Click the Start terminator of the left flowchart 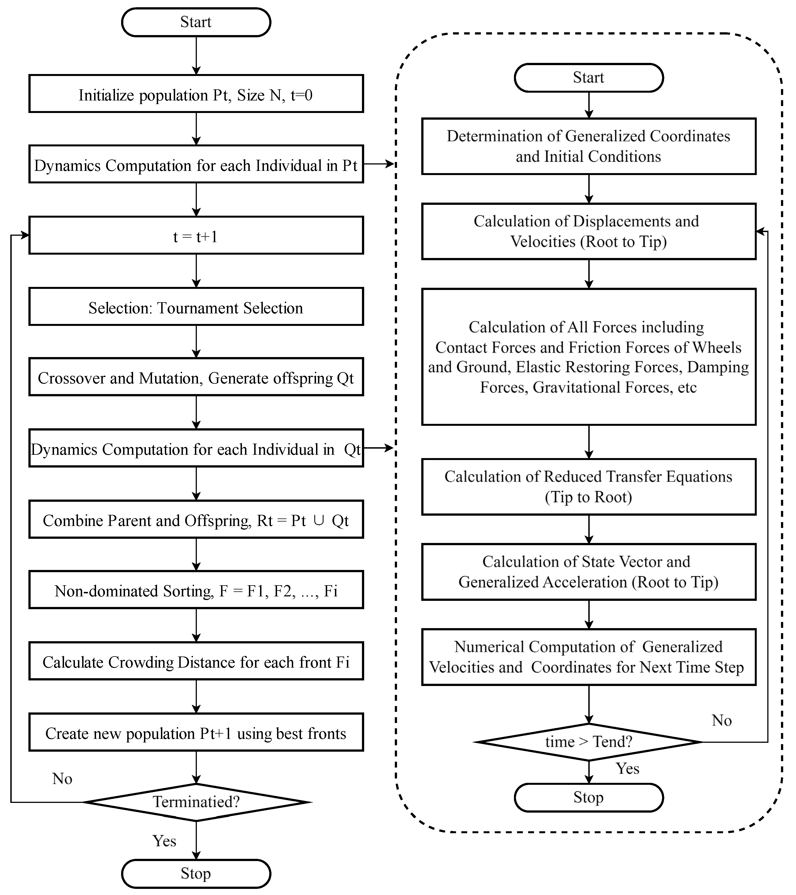pyautogui.click(x=196, y=22)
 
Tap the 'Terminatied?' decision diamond pyautogui.click(x=196, y=802)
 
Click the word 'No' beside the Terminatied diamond pyautogui.click(x=62, y=778)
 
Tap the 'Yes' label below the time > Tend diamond pyautogui.click(x=627, y=768)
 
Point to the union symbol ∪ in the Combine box pyautogui.click(x=319, y=520)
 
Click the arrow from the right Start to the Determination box pyautogui.click(x=589, y=105)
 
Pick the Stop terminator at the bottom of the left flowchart pyautogui.click(x=196, y=874)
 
